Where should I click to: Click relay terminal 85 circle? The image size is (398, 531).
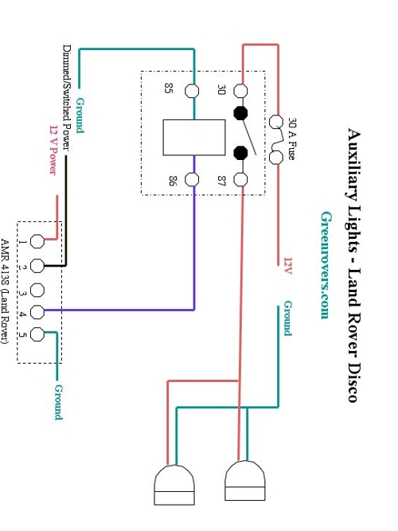point(192,91)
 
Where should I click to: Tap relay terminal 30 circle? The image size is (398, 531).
point(240,91)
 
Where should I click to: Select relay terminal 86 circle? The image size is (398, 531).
point(192,179)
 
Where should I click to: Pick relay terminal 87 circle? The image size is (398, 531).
point(240,179)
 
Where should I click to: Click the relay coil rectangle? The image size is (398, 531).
point(194,138)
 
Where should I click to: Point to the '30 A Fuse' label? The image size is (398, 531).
point(291,139)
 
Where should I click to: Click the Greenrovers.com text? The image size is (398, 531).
point(326,265)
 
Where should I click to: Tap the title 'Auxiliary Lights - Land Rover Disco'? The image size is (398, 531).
point(353,265)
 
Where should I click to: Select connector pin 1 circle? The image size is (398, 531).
point(37,241)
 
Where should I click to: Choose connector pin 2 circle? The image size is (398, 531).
point(37,266)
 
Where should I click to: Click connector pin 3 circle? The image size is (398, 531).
point(37,291)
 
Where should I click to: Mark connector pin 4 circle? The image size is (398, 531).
point(37,312)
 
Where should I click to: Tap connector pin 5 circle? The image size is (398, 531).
point(37,334)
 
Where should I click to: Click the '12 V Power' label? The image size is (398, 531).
point(53,150)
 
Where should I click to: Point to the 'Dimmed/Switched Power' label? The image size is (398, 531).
point(67,98)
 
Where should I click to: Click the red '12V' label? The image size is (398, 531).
point(288,266)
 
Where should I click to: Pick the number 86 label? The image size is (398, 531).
point(173,181)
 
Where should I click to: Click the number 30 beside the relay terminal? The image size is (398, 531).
point(221,90)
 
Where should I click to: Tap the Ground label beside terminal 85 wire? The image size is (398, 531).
point(80,115)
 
